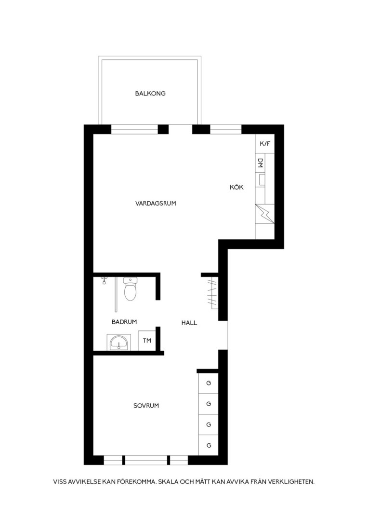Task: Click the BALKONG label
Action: [x=150, y=94]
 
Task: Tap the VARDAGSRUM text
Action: [x=156, y=203]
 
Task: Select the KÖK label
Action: [x=237, y=187]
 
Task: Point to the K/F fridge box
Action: [x=265, y=144]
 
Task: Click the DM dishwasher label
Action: [x=261, y=163]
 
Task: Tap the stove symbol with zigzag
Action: [x=265, y=213]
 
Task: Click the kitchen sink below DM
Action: [x=261, y=180]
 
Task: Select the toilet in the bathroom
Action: [x=130, y=289]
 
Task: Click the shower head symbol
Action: [x=105, y=281]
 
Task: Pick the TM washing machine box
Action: [x=147, y=341]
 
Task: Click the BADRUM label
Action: [x=124, y=322]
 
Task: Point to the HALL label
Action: [x=189, y=323]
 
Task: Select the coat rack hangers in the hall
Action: [x=212, y=292]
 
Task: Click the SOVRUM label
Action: [x=146, y=405]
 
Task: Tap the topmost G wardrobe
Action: [x=209, y=383]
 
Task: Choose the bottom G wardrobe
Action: [x=209, y=445]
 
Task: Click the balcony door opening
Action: [x=180, y=129]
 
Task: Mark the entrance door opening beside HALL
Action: [x=223, y=335]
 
